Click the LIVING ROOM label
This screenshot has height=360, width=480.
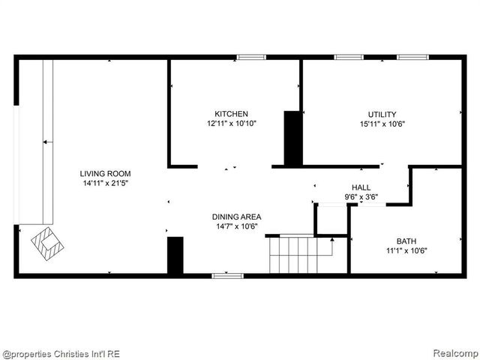[x=111, y=174]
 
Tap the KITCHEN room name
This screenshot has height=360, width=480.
[x=232, y=114]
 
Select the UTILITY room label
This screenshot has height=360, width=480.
[x=382, y=114]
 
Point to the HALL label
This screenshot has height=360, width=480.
[x=361, y=187]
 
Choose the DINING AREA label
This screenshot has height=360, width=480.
[x=236, y=217]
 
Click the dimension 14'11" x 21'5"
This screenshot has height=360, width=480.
[x=111, y=183]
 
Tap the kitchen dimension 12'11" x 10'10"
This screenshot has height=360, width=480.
[x=232, y=123]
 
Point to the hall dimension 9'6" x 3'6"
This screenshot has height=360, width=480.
[x=361, y=196]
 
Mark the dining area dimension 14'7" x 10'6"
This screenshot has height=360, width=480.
[x=236, y=226]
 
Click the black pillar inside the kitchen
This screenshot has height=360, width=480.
[x=292, y=138]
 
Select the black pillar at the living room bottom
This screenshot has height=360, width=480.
[x=175, y=256]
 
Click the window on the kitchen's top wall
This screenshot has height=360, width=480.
[x=251, y=57]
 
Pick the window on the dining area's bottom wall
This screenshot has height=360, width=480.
[x=227, y=276]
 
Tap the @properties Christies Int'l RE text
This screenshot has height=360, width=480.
[x=61, y=353]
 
